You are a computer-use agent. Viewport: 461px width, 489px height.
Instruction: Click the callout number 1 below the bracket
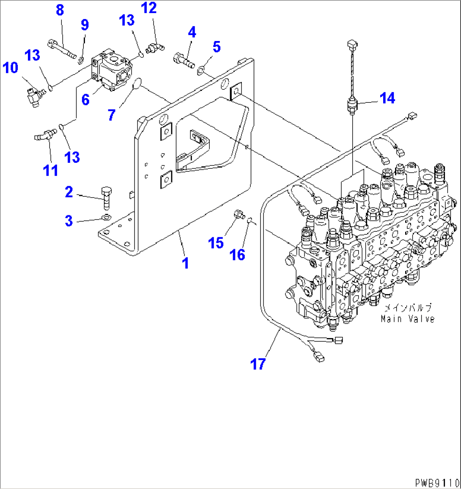coord(185,263)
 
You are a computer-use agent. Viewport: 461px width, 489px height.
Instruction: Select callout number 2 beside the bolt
coord(69,192)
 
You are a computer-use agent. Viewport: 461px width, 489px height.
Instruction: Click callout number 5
coord(217,47)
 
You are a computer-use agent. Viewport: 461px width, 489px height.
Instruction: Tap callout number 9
coord(85,25)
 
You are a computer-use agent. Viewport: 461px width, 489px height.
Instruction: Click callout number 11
coord(51,170)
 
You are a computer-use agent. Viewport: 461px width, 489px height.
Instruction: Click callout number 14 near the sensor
coord(387,98)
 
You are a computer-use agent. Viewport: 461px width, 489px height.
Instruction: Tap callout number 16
coord(237,255)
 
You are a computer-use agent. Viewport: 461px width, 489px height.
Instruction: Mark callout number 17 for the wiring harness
coord(258,363)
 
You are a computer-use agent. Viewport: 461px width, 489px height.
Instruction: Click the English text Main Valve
coord(407,319)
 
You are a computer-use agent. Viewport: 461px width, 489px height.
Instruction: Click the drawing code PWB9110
coord(436,483)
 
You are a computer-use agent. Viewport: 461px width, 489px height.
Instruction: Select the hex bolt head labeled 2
coord(106,192)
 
